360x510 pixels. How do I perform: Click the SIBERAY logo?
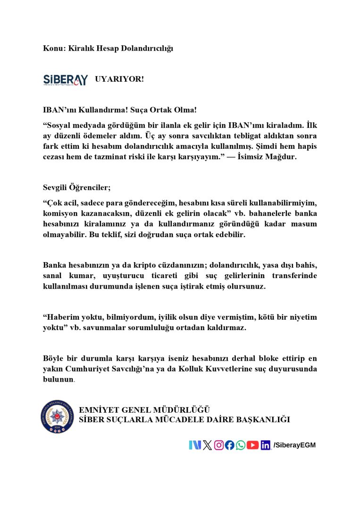(65, 79)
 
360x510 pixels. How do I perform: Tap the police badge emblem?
(57, 417)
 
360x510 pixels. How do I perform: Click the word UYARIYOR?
(119, 79)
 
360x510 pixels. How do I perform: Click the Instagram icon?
(219, 445)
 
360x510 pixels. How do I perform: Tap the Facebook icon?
(230, 445)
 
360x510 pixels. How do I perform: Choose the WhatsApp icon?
(241, 445)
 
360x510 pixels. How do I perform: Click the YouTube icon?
(253, 445)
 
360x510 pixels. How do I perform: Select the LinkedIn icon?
(266, 445)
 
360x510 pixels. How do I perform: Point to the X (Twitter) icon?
(207, 445)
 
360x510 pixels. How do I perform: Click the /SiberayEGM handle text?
(294, 445)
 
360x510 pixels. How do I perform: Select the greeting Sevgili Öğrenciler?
(76, 187)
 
